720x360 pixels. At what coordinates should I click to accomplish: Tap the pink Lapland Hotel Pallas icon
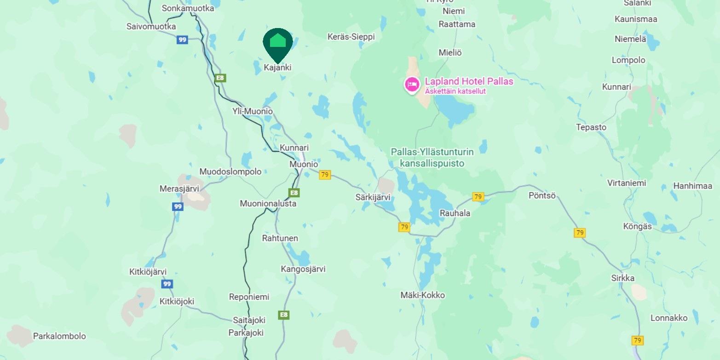coord(412,84)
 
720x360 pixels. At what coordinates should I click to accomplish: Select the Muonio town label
coord(304,164)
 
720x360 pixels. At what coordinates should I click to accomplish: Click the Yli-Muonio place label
coord(253,111)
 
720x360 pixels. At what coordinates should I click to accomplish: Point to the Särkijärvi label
coord(373,197)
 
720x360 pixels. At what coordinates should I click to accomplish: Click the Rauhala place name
coord(455,213)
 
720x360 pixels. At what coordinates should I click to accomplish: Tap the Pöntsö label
coord(542,195)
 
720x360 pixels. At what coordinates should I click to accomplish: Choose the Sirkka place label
coord(623,278)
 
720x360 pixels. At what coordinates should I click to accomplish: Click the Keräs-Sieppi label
coord(351,37)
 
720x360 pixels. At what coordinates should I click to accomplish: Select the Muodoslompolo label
coord(230,171)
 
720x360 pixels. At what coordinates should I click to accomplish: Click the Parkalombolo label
coord(59,336)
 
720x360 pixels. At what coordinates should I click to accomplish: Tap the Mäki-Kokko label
coord(422,295)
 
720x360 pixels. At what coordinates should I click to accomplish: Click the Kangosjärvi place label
coord(303,269)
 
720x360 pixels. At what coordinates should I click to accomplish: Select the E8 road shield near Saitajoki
coord(284,315)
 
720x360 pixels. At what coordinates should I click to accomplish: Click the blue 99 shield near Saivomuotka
coord(183,40)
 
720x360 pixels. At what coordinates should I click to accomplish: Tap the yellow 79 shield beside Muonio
coord(325,175)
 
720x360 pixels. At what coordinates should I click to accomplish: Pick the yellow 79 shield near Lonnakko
coord(637,341)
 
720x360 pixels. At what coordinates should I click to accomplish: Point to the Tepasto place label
coord(591,127)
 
